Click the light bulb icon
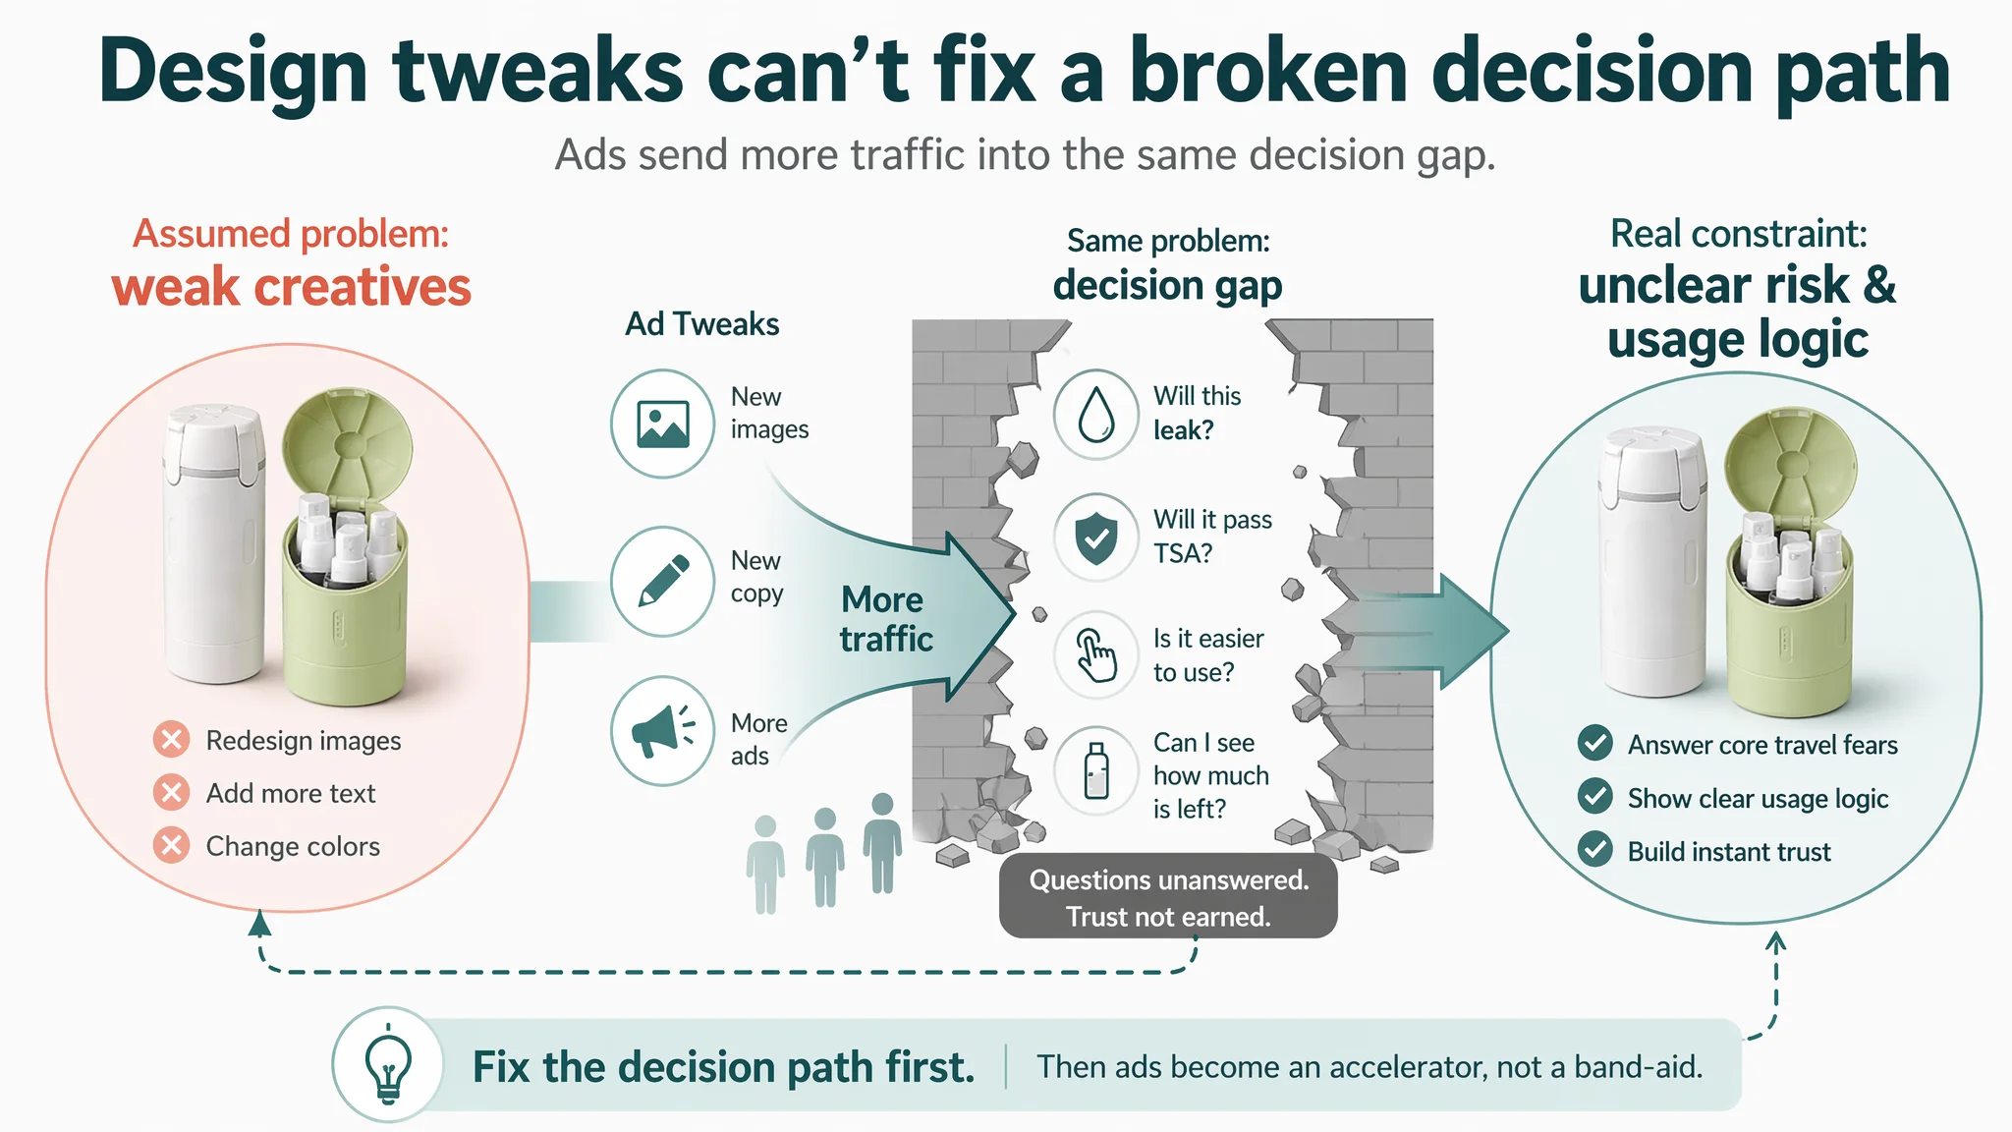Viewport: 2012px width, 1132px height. [x=389, y=1065]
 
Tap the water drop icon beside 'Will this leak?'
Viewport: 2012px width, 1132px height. [x=1096, y=414]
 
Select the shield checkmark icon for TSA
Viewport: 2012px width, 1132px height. [x=1096, y=538]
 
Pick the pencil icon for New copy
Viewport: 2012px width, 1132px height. [x=663, y=581]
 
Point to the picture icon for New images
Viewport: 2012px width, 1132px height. [x=663, y=424]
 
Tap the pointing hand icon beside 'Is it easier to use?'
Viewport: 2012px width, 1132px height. [x=1095, y=655]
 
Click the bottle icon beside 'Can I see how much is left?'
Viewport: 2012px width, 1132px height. [x=1096, y=770]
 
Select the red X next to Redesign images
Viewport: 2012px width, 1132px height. [x=171, y=739]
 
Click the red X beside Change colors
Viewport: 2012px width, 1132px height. [x=171, y=845]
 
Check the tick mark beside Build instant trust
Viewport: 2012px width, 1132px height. [x=1595, y=849]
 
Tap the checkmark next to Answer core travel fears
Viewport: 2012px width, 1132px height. [x=1595, y=743]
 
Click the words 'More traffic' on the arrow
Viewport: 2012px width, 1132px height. [x=885, y=619]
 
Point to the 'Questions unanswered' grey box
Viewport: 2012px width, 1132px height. [x=1168, y=896]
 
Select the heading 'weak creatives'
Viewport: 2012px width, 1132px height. [x=292, y=287]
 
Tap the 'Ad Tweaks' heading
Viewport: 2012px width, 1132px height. [x=702, y=324]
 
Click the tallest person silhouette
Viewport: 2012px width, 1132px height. [x=882, y=842]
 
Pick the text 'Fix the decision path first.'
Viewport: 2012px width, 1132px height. [x=724, y=1067]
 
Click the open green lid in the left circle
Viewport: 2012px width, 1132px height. [x=348, y=446]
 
